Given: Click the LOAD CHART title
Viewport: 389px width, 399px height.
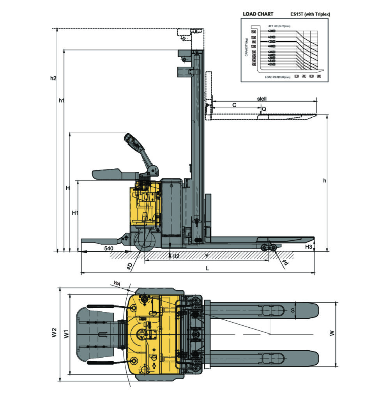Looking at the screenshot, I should [x=258, y=14].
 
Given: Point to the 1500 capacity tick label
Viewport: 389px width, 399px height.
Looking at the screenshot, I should [x=253, y=32].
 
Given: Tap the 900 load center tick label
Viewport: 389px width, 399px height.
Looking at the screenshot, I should [x=319, y=76].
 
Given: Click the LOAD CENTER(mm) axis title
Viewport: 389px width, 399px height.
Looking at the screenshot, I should [x=278, y=77].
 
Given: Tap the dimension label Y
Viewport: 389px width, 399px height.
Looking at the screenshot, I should [x=207, y=256].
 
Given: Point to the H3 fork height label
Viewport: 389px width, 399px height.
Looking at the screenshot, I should [x=308, y=247].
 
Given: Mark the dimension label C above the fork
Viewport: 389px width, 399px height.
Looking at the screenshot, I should [x=234, y=105].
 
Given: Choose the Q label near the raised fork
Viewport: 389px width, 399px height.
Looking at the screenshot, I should [x=264, y=109].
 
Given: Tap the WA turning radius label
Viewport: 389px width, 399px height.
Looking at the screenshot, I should [x=116, y=282].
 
